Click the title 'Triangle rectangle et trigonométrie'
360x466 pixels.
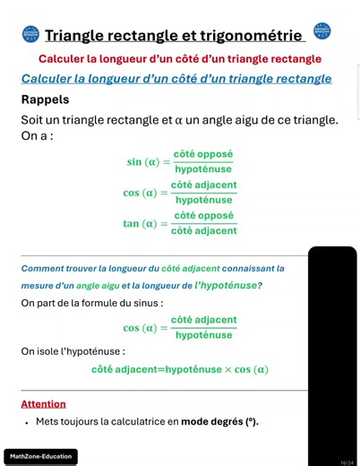click(x=174, y=36)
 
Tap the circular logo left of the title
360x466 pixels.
click(x=31, y=34)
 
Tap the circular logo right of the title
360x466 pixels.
click(x=323, y=31)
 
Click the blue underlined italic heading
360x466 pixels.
click(x=176, y=79)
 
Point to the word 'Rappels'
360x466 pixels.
click(x=45, y=99)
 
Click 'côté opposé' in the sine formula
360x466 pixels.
click(x=203, y=154)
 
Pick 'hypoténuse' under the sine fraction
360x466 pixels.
click(x=203, y=169)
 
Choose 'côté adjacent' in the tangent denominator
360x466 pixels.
click(x=204, y=231)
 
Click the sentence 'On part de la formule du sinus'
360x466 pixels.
click(x=92, y=303)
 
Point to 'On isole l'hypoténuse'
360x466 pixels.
click(x=73, y=351)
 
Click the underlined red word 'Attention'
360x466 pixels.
click(x=44, y=404)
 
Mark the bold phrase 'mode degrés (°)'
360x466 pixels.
click(x=219, y=421)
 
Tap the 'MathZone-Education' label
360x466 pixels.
click(x=41, y=457)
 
